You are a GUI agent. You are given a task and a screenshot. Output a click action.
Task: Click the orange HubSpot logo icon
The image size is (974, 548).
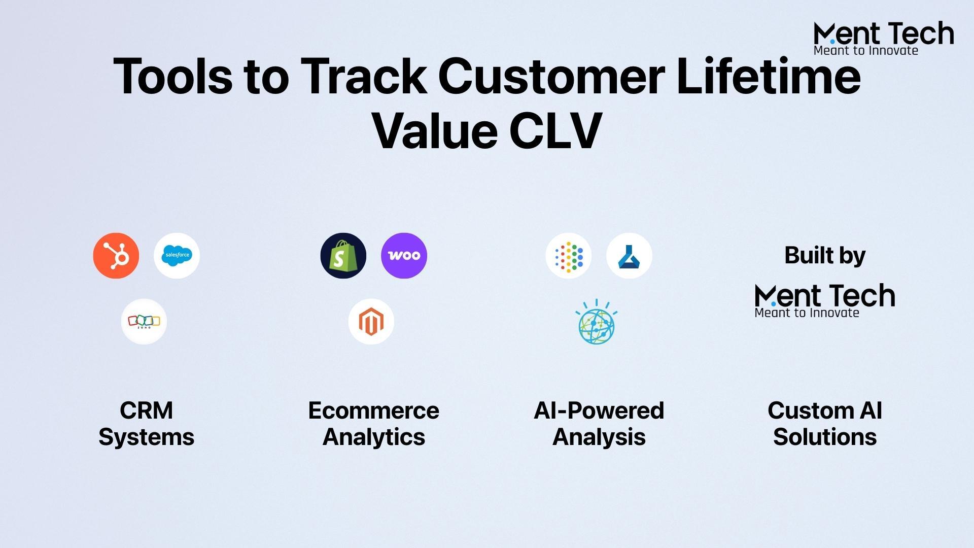pyautogui.click(x=116, y=256)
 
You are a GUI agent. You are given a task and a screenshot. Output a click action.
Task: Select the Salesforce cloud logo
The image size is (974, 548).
pyautogui.click(x=177, y=256)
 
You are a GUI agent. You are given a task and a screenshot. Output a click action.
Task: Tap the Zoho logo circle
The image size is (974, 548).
pyautogui.click(x=144, y=322)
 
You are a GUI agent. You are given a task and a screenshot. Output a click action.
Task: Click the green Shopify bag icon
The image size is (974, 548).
pyautogui.click(x=343, y=256)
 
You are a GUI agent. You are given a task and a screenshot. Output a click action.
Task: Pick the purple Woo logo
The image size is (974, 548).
pyautogui.click(x=404, y=256)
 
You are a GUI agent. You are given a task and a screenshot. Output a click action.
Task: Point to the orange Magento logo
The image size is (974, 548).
pyautogui.click(x=371, y=322)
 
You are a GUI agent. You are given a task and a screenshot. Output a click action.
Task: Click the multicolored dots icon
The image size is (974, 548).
pyautogui.click(x=569, y=256)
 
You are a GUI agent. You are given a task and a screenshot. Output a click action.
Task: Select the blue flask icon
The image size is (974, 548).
pyautogui.click(x=629, y=256)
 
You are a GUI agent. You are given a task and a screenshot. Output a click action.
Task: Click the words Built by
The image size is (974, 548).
pyautogui.click(x=825, y=255)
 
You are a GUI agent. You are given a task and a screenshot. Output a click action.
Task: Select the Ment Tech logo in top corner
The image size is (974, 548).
pyautogui.click(x=883, y=38)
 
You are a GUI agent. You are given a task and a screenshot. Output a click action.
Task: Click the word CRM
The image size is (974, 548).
pyautogui.click(x=146, y=410)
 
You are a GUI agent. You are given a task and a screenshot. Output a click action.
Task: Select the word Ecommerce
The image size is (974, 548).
pyautogui.click(x=373, y=410)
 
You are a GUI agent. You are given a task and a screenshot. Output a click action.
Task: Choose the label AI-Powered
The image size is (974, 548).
pyautogui.click(x=599, y=410)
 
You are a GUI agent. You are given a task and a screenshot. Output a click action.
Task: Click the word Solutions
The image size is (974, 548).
pyautogui.click(x=825, y=437)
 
